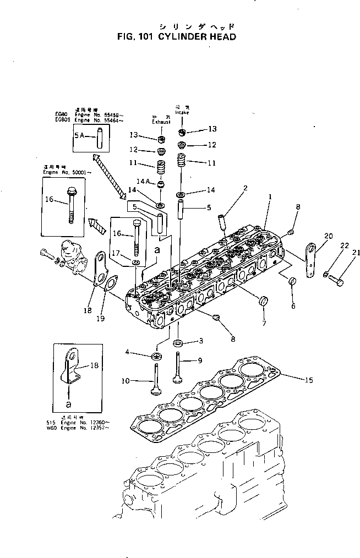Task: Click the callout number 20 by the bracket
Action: tap(328, 236)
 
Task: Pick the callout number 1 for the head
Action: tap(270, 196)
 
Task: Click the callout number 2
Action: tap(245, 188)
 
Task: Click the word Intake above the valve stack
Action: tap(182, 112)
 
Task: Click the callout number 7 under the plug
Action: tap(264, 323)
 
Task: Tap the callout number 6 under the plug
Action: tap(293, 305)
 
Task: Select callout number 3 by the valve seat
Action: tap(201, 341)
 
